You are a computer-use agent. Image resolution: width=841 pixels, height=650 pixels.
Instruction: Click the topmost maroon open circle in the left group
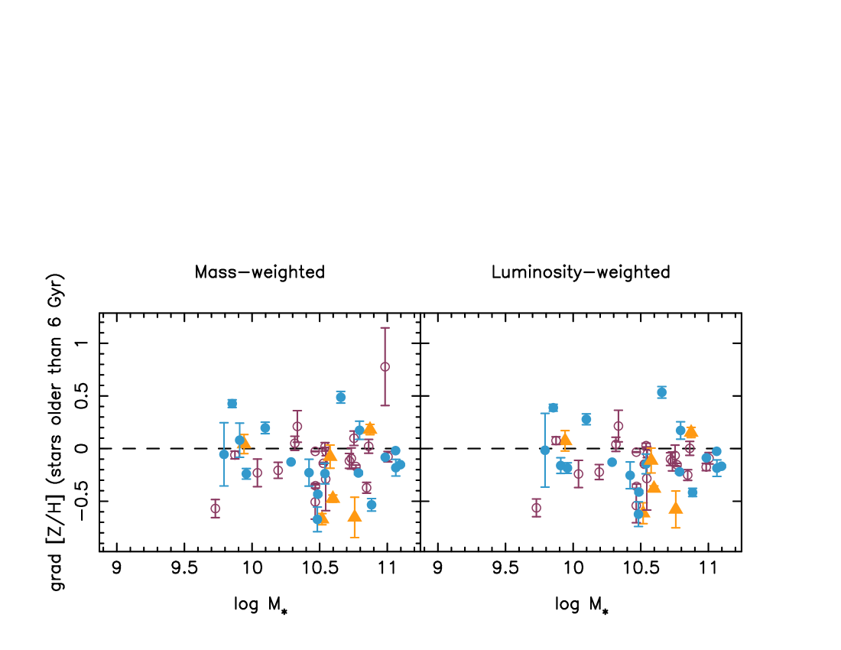click(385, 366)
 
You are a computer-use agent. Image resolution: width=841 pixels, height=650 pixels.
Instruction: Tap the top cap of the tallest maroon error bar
click(385, 328)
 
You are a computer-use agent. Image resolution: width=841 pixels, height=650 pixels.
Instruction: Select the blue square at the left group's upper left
click(232, 403)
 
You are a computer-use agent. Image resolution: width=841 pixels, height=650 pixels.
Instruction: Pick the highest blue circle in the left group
click(340, 397)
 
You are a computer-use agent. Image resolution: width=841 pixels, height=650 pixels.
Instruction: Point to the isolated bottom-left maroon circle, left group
click(215, 509)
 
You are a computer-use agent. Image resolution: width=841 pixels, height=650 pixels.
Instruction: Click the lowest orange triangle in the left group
click(354, 516)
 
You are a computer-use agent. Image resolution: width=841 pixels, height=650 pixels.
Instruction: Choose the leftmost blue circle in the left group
click(224, 454)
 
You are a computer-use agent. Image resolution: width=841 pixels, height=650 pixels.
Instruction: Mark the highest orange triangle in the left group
click(370, 428)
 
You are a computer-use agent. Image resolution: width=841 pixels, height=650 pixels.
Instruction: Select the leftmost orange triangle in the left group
click(244, 442)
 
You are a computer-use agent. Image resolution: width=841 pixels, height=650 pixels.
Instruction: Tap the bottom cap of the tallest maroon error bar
click(385, 405)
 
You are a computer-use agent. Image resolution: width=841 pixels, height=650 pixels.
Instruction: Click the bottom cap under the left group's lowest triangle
click(354, 537)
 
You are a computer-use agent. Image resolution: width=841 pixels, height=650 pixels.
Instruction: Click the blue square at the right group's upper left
click(553, 408)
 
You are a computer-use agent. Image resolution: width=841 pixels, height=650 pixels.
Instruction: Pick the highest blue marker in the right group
click(661, 392)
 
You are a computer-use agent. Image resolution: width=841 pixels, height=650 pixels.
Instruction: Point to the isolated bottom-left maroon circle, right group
click(536, 508)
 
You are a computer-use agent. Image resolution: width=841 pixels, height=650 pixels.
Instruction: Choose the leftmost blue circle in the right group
click(545, 450)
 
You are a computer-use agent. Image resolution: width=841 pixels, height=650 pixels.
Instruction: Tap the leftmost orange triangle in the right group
click(565, 440)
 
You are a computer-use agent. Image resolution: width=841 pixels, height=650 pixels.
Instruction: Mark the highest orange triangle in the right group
click(691, 431)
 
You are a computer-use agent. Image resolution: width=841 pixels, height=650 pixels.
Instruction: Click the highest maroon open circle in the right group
click(618, 426)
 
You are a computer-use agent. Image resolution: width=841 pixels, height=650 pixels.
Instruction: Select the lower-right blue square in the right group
click(692, 492)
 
